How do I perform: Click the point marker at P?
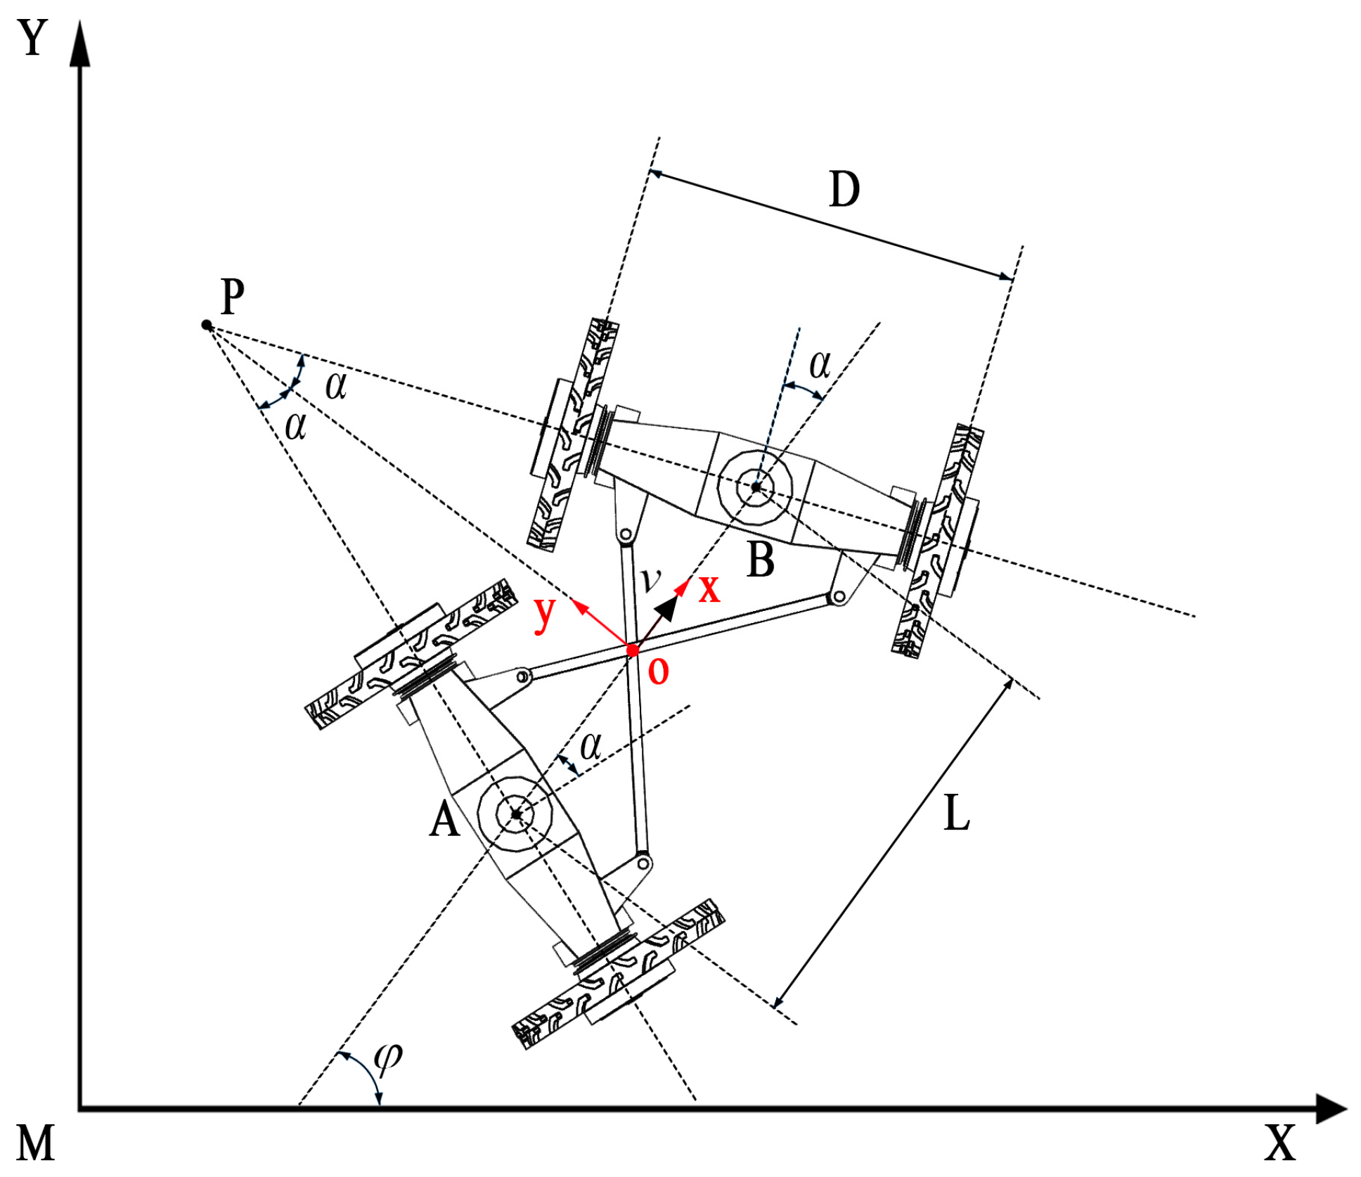pos(207,325)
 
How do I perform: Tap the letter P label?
pos(232,295)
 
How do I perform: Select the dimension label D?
pos(844,190)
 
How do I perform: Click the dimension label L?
pos(956,813)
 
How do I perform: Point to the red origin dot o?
pos(632,650)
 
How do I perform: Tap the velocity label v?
pos(651,578)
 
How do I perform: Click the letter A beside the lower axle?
pos(444,820)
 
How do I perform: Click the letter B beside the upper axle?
pos(760,560)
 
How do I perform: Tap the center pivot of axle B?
pos(755,487)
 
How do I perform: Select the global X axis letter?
pos(1279,1143)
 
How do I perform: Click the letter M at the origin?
pos(35,1143)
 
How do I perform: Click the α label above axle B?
pos(820,364)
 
